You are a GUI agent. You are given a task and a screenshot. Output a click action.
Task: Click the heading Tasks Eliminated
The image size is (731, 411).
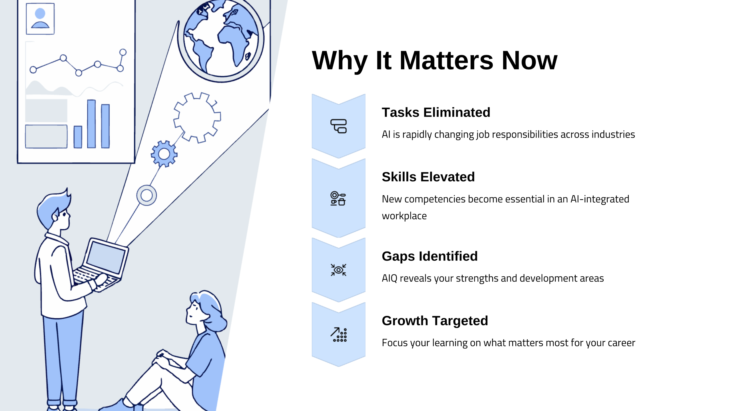[x=436, y=112]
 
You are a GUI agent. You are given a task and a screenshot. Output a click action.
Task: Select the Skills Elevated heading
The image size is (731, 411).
[x=428, y=177]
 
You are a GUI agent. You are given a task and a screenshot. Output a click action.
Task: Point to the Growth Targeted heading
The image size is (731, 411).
[x=435, y=321]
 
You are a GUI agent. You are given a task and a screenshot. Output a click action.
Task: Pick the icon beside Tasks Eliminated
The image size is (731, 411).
[x=338, y=126]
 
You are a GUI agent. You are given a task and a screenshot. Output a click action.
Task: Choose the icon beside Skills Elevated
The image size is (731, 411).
[x=338, y=199]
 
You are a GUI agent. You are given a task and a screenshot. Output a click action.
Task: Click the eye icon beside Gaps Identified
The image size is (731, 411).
[x=338, y=270]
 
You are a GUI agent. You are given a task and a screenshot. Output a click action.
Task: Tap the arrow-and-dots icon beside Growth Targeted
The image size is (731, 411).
[x=339, y=335]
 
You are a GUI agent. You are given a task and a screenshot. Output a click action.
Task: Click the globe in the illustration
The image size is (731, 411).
[x=221, y=39]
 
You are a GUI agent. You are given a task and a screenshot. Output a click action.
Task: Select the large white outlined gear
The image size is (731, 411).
[x=197, y=117]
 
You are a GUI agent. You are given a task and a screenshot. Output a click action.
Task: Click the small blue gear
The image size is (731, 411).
[x=164, y=154]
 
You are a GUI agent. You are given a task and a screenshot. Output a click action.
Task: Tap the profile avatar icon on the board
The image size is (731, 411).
[x=40, y=19]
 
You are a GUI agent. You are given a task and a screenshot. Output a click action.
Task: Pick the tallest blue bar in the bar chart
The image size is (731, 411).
[x=91, y=124]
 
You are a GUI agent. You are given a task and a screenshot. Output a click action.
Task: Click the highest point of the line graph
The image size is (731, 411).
[x=123, y=52]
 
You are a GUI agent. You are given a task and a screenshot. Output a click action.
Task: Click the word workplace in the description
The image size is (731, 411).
[x=404, y=216]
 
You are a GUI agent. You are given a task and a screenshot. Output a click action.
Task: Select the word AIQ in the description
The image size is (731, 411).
[x=389, y=278]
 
